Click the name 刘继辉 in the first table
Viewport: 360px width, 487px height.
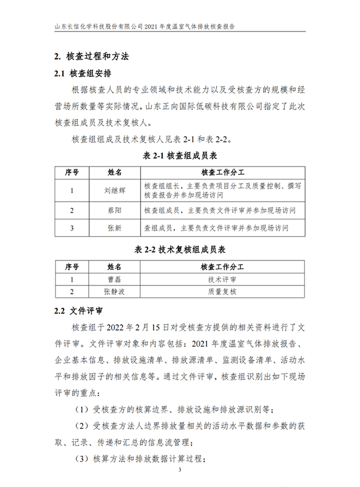click(x=114, y=190)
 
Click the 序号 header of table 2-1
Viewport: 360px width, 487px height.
click(x=71, y=172)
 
